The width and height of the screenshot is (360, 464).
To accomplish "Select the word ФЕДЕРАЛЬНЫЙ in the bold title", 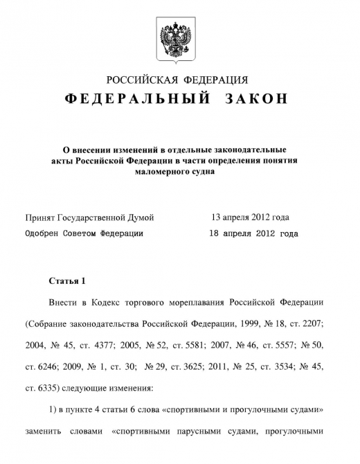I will (137, 100).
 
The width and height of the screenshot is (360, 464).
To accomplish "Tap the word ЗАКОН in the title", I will (255, 100).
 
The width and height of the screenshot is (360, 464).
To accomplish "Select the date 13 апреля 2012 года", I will (250, 217).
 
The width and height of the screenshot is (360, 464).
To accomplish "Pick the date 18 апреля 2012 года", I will (253, 234).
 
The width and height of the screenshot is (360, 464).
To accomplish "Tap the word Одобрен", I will (43, 234).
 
